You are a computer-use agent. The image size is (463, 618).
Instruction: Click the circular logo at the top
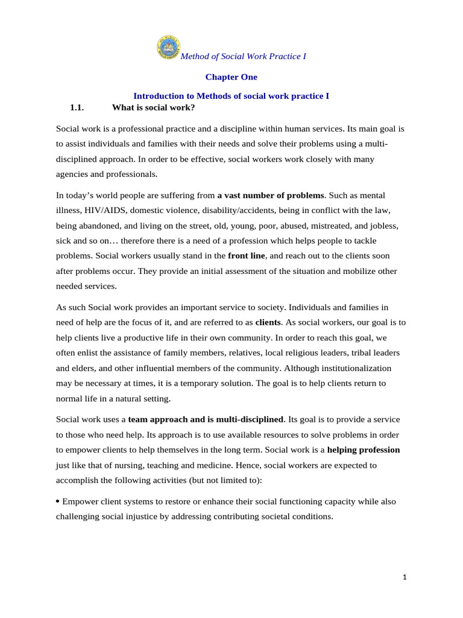pos(168,47)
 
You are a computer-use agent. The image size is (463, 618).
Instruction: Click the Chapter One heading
pos(231,77)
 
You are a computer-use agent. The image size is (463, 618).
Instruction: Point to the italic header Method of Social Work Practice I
pos(244,56)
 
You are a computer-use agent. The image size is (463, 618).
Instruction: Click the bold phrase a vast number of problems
pos(271,196)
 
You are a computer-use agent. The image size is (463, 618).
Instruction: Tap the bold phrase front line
pos(247,256)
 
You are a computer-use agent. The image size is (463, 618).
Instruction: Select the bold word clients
pos(268,322)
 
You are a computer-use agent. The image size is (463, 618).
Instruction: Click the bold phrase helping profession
pos(363,450)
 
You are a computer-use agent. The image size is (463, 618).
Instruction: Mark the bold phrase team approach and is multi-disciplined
pos(206,419)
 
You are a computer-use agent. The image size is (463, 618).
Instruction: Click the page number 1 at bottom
pos(405,577)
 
